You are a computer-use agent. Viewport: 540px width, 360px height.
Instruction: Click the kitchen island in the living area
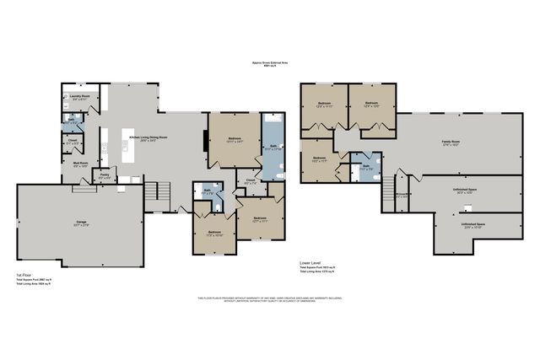tap(122, 152)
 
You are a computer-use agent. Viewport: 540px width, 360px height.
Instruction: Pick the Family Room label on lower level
tap(450, 141)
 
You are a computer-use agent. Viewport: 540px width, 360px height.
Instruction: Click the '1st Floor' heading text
tap(24, 275)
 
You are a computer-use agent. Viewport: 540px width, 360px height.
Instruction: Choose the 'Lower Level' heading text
tap(311, 262)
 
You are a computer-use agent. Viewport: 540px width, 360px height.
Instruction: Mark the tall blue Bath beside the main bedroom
tap(273, 147)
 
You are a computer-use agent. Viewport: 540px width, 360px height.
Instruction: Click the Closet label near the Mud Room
tap(73, 142)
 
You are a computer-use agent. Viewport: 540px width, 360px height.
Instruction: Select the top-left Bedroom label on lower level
tap(325, 105)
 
